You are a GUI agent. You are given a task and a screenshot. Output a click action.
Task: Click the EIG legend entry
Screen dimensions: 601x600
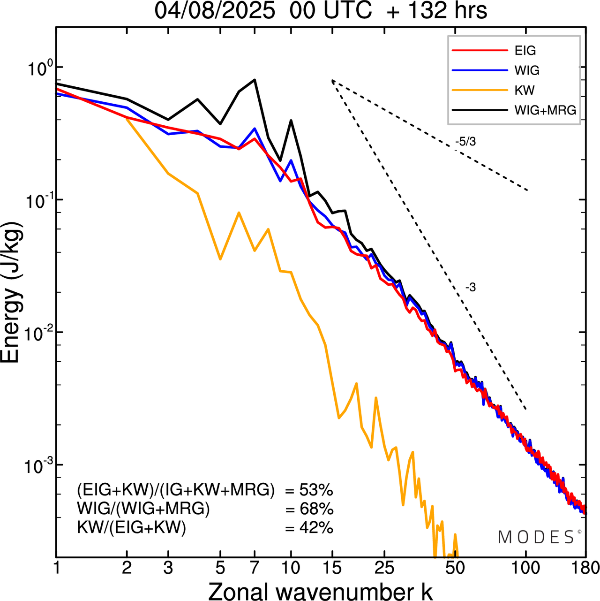[525, 51]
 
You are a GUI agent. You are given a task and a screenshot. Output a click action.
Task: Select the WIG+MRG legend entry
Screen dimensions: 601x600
[545, 110]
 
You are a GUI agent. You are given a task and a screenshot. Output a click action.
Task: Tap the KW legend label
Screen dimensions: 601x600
[525, 90]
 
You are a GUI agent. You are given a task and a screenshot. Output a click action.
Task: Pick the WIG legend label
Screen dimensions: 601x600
[527, 70]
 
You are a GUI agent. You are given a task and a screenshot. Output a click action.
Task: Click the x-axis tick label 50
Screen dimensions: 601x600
[455, 569]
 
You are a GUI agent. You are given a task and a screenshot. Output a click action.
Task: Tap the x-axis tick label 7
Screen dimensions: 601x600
[255, 569]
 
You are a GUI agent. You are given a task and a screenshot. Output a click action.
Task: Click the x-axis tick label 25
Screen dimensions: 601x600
[384, 569]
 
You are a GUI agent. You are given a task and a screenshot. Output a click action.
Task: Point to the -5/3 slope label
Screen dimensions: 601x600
[465, 142]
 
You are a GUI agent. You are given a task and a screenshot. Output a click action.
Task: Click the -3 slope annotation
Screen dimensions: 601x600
[470, 288]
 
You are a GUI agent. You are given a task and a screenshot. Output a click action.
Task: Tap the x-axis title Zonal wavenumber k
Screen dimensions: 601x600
[321, 591]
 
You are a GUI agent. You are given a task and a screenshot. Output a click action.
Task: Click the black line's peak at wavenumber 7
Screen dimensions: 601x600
[255, 80]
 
